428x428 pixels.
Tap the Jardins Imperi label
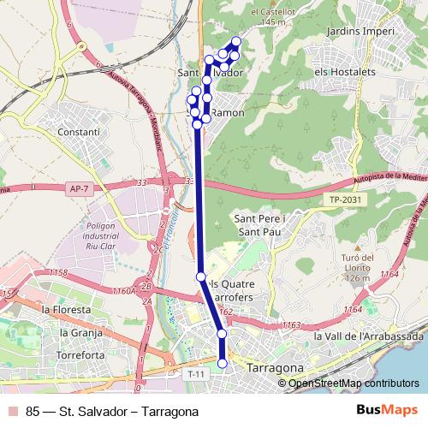click(x=360, y=32)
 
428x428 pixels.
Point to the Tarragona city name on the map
click(x=274, y=367)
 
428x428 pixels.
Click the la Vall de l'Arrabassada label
click(x=368, y=336)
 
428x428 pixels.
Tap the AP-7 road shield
click(x=78, y=188)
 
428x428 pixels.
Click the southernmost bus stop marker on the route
click(x=223, y=364)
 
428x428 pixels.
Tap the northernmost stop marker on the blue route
click(x=236, y=42)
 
